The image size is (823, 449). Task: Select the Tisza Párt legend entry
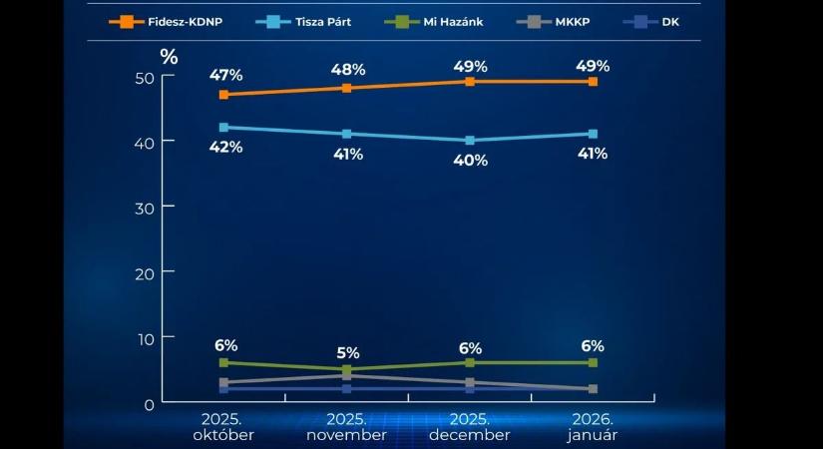pyautogui.click(x=306, y=20)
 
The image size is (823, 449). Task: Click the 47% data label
pyautogui.click(x=225, y=75)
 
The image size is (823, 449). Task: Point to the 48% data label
pyautogui.click(x=348, y=69)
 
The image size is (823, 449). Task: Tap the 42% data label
pyautogui.click(x=225, y=147)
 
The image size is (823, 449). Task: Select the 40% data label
pyautogui.click(x=470, y=160)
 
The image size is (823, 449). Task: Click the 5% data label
pyautogui.click(x=347, y=352)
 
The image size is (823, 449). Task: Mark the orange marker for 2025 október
pyautogui.click(x=223, y=95)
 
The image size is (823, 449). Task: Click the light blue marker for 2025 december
pyautogui.click(x=470, y=141)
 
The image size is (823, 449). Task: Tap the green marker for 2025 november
pyautogui.click(x=347, y=370)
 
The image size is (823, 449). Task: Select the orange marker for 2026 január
pyautogui.click(x=593, y=82)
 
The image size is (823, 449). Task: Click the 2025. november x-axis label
pyautogui.click(x=347, y=427)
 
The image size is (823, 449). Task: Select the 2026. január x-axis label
pyautogui.click(x=593, y=427)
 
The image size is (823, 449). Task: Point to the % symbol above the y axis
pyautogui.click(x=169, y=57)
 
